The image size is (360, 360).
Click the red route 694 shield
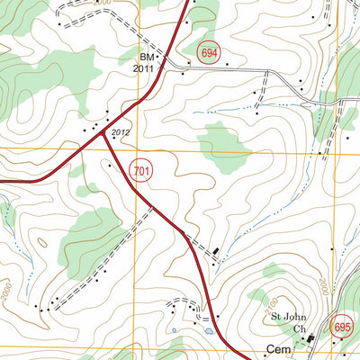[210, 54]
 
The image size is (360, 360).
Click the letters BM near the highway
[147, 56]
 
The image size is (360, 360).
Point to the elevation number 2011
[144, 67]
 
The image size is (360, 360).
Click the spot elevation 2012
[121, 133]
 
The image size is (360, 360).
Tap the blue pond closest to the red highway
[209, 331]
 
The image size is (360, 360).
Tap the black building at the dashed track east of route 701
[216, 249]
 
